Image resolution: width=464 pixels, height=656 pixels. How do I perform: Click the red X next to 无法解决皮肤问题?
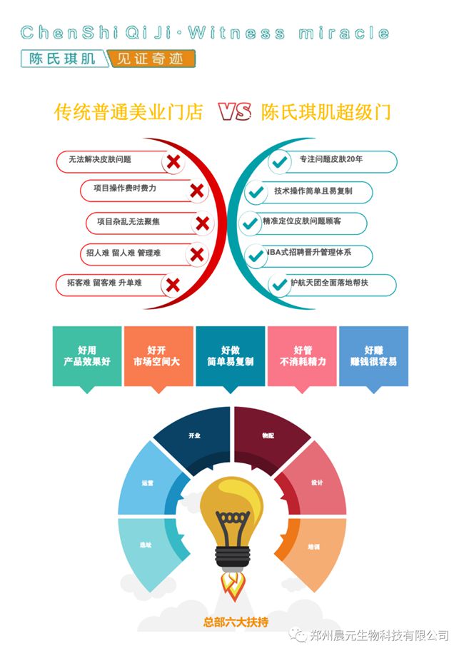[x=173, y=161]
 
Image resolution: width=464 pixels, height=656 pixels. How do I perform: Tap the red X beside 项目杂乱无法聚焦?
[x=202, y=223]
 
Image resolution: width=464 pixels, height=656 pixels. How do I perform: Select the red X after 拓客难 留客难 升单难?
[x=172, y=286]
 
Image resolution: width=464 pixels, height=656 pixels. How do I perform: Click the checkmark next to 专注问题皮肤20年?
[x=278, y=161]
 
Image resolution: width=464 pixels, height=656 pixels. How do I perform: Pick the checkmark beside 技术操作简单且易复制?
[x=256, y=193]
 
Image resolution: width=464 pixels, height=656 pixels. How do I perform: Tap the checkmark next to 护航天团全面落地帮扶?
[x=278, y=285]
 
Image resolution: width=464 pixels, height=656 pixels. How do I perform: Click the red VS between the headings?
[x=235, y=112]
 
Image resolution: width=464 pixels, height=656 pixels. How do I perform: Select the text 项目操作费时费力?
[x=125, y=188]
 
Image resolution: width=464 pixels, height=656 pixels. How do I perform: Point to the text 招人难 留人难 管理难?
[x=123, y=253]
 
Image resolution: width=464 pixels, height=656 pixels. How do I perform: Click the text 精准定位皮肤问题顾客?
[x=302, y=221]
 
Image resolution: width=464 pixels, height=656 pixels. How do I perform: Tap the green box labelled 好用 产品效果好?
[x=87, y=356]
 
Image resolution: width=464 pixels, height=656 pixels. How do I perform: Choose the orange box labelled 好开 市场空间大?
[x=158, y=356]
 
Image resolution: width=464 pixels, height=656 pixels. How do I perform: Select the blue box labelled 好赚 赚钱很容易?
[x=373, y=356]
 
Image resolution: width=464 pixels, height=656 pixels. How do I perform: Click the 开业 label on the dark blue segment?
[x=194, y=435]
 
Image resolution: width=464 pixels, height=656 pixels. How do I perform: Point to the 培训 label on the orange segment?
[x=313, y=546]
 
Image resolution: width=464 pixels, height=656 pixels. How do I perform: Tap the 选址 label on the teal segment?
[x=146, y=545]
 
